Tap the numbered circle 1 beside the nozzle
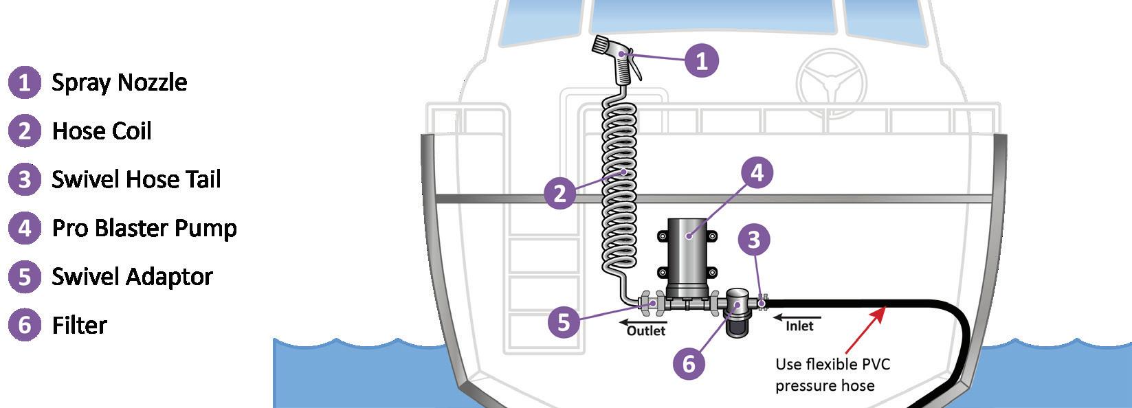coord(701,60)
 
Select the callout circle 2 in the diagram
coord(560,193)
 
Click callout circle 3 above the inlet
coord(754,240)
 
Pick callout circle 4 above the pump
coord(756,172)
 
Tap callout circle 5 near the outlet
coord(564,321)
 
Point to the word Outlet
coord(646,331)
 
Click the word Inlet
coord(799,326)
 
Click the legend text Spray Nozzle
coord(120,82)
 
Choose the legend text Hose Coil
coord(102,131)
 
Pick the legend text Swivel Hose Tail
coord(136,179)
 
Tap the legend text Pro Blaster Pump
coord(144,228)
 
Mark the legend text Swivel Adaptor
coord(132,277)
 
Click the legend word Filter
coord(80,325)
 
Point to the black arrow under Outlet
coord(633,321)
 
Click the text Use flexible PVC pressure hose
coord(832,374)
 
